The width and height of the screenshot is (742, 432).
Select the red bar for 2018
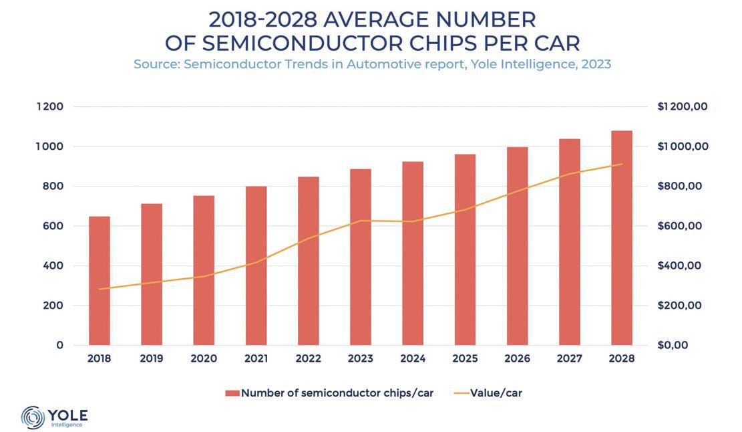point(100,281)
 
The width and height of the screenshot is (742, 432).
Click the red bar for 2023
point(361,257)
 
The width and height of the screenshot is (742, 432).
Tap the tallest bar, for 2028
point(621,238)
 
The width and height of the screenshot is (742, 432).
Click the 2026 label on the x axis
point(517,359)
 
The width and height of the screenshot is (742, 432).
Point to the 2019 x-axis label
point(152,359)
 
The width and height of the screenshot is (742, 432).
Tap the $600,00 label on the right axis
point(679,226)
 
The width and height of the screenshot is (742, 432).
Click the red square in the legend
point(232,393)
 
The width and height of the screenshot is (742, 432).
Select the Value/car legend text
point(496,393)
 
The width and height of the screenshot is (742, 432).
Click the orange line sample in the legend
point(461,393)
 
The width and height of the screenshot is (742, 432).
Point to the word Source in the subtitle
point(155,65)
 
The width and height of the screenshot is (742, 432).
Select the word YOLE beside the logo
point(68,413)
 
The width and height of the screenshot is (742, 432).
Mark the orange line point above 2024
point(413,221)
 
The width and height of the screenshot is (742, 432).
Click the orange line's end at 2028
point(621,164)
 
